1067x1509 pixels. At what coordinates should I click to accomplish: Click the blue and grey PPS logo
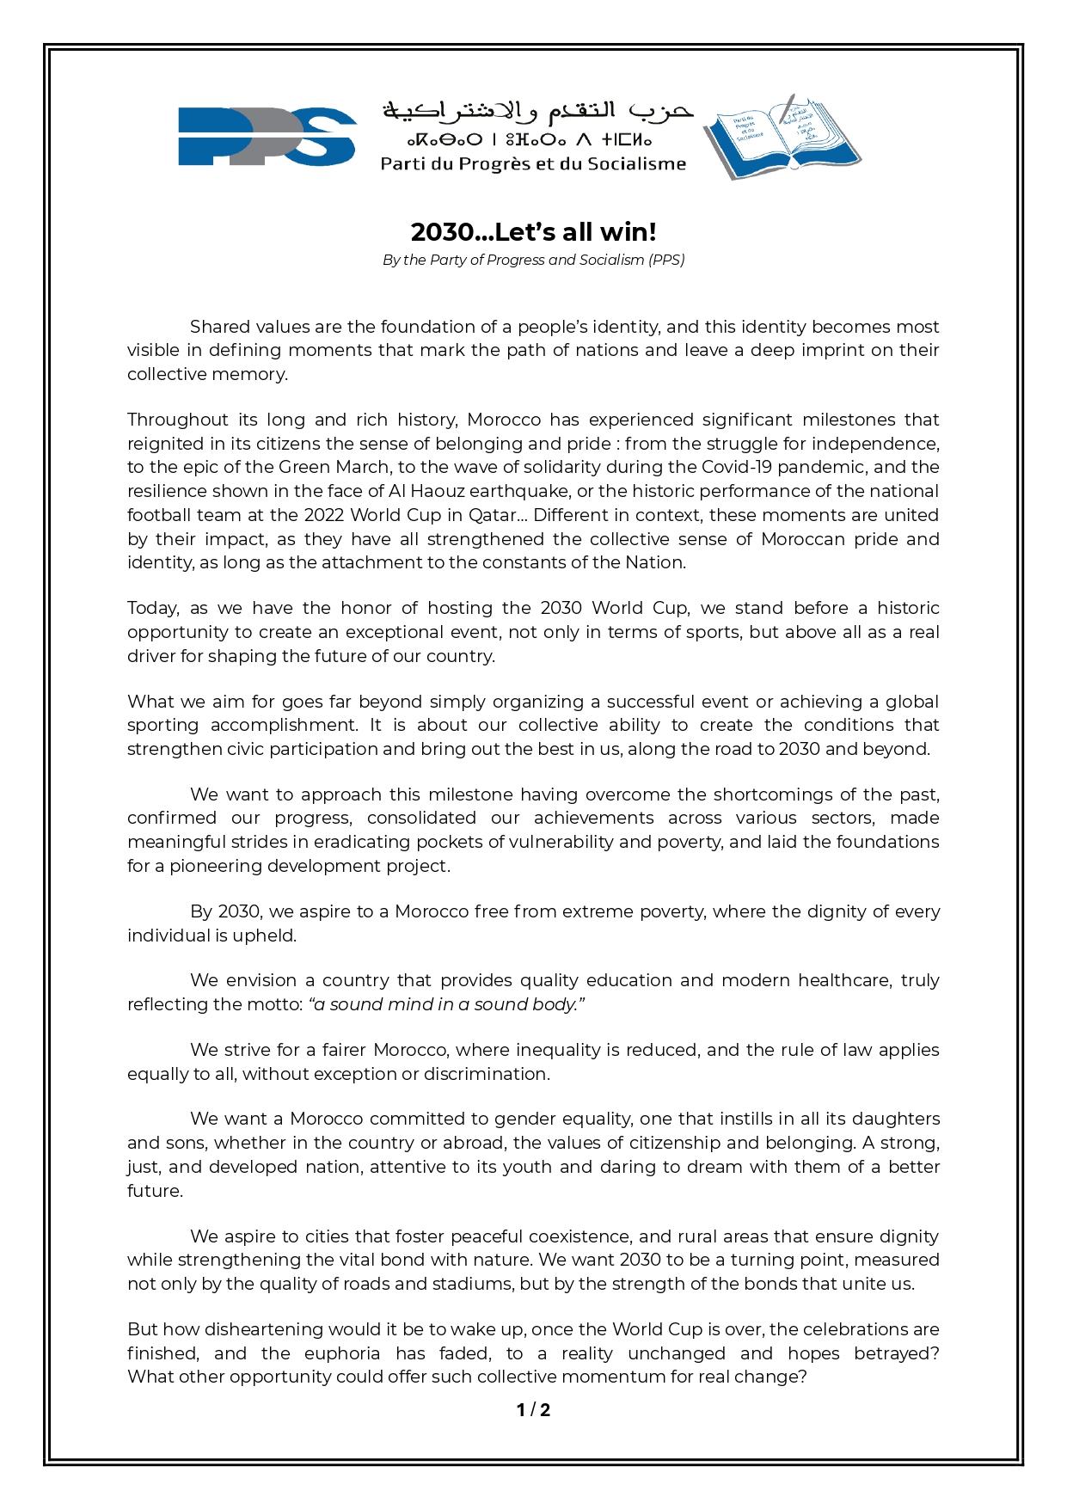tap(267, 136)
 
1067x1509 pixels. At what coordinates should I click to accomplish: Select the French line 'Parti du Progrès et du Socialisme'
tap(533, 163)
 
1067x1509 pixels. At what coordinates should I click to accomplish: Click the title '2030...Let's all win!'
tap(533, 232)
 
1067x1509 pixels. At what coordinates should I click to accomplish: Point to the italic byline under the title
tap(533, 260)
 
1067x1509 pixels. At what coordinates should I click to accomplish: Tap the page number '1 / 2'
tap(533, 1410)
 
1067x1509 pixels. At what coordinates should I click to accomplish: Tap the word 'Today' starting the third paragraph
tap(153, 609)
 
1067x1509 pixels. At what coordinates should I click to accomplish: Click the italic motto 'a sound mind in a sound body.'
tap(447, 1004)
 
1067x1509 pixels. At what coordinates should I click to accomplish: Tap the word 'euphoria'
tap(342, 1353)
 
